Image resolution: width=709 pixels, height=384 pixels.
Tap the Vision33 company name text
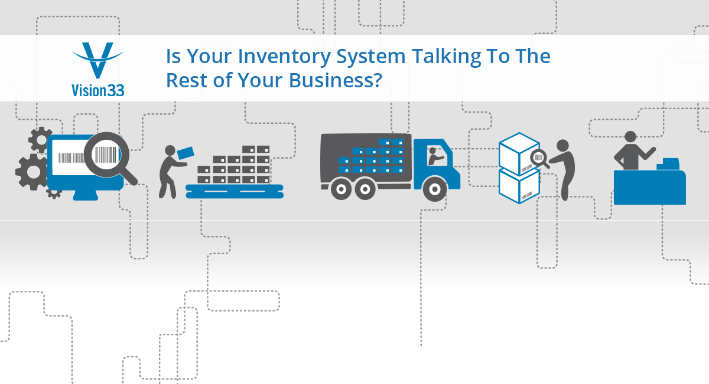coord(98,90)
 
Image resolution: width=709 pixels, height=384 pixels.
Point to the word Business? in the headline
coord(331,80)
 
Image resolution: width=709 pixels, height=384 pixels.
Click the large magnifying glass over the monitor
coord(106,156)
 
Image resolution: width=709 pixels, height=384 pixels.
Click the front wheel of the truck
coord(435,189)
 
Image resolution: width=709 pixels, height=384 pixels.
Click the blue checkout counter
coord(649,187)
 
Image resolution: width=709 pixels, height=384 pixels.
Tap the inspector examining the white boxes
coord(564,168)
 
